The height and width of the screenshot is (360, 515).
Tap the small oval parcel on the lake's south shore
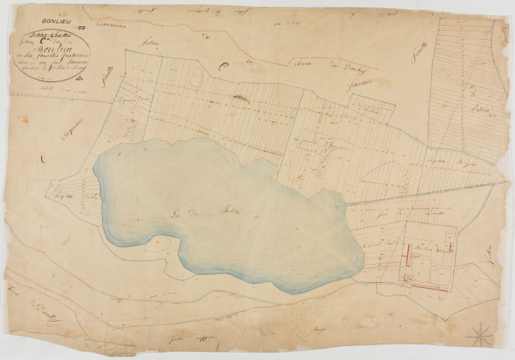[x=157, y=244]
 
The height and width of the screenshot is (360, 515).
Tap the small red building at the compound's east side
[x=451, y=247]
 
